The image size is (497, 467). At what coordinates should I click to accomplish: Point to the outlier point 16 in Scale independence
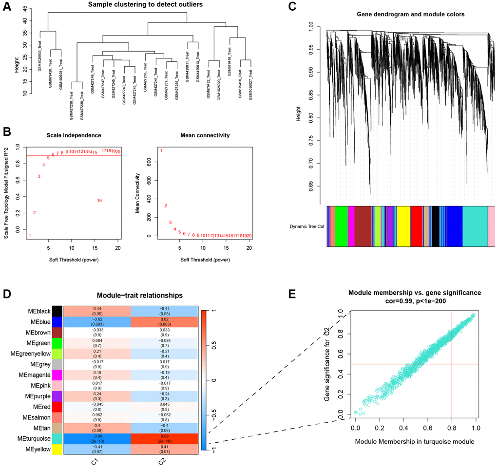pyautogui.click(x=99, y=201)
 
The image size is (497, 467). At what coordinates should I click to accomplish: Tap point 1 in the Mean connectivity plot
pyautogui.click(x=161, y=151)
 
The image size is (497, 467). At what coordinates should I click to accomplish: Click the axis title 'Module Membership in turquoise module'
pyautogui.click(x=416, y=441)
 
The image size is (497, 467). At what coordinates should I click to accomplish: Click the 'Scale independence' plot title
pyautogui.click(x=71, y=134)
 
